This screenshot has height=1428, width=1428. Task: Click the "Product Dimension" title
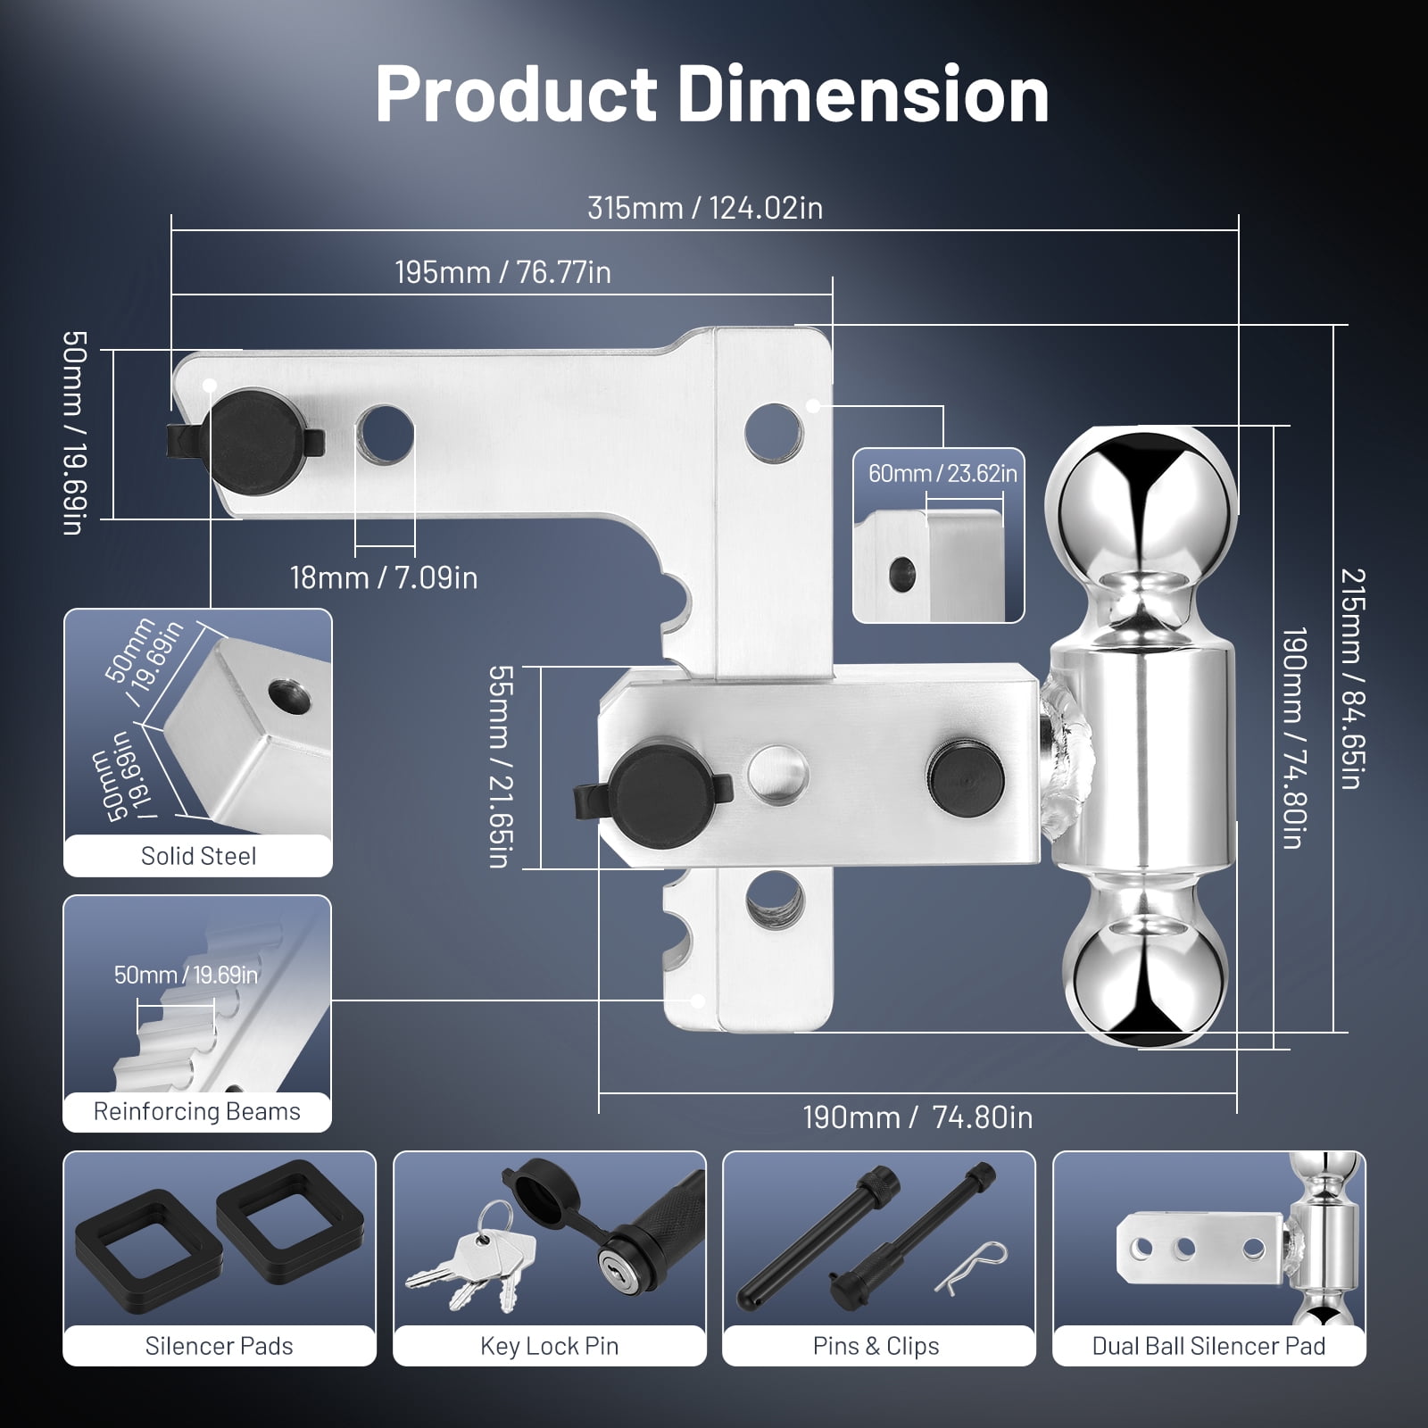(x=712, y=94)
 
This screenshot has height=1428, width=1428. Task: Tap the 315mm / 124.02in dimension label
(x=705, y=208)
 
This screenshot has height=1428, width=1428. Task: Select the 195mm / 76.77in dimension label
(x=503, y=272)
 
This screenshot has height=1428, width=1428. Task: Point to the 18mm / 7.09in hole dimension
(x=384, y=577)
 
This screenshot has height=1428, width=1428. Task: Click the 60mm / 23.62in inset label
(x=942, y=473)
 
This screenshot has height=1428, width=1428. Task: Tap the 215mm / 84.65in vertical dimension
(x=1352, y=678)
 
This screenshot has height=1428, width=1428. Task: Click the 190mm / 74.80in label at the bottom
(x=917, y=1117)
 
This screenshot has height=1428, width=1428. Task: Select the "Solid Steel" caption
(x=198, y=856)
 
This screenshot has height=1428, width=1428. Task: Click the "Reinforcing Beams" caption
(x=197, y=1111)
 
